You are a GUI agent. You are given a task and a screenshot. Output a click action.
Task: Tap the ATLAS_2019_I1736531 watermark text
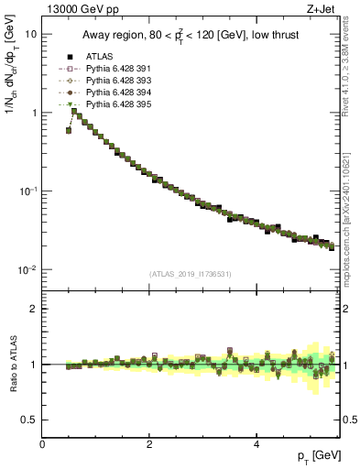[x=191, y=274]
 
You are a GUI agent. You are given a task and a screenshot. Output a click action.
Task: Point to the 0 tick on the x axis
[x=43, y=445]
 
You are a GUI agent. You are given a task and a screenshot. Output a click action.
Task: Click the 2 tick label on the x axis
[x=149, y=445]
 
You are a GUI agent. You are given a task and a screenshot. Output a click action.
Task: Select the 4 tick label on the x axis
[x=256, y=445]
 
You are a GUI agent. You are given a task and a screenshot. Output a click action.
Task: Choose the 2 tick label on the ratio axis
[x=35, y=309]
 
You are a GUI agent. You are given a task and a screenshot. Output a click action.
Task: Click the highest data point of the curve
[x=74, y=112]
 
